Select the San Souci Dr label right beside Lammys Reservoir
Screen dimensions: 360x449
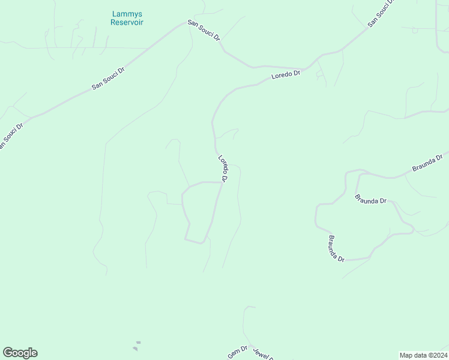(x=204, y=31)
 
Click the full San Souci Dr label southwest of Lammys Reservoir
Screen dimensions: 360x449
(x=109, y=78)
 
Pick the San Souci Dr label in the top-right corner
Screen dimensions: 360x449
(x=382, y=13)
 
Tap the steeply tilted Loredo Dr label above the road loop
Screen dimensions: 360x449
(x=223, y=169)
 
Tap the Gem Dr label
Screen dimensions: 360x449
(x=238, y=352)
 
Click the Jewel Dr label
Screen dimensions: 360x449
(x=264, y=354)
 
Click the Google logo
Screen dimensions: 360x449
(x=20, y=353)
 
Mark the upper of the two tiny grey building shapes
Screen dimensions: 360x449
(x=138, y=343)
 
